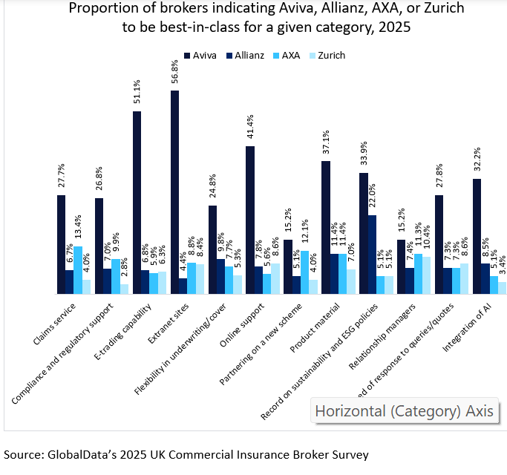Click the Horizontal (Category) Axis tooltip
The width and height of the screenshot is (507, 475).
404,410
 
